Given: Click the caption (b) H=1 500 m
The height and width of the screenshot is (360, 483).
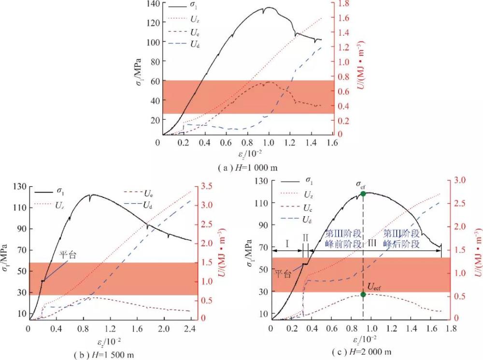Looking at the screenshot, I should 104,355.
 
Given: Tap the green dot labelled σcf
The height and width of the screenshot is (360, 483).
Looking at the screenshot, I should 363,194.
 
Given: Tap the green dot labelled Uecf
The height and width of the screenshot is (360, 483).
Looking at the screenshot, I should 363,294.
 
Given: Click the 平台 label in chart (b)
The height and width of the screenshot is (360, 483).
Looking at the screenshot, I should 67,254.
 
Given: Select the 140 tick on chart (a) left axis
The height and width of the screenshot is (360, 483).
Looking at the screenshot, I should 151,4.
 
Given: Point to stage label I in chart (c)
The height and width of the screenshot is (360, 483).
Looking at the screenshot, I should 287,244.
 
